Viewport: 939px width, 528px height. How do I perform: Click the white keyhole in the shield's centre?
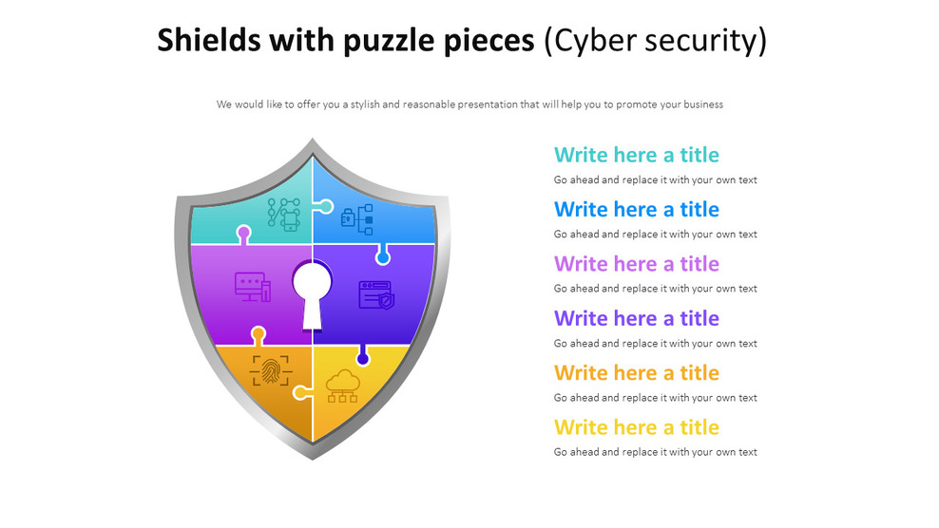(313, 291)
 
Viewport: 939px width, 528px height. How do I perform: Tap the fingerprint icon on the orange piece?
(270, 369)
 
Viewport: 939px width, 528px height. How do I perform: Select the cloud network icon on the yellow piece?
(341, 385)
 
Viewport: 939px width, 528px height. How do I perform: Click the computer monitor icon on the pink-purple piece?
(253, 286)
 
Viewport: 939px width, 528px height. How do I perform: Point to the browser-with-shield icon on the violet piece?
(375, 294)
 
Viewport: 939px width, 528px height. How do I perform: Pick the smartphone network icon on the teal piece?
(284, 214)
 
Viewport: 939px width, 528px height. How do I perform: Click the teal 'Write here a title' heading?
(636, 155)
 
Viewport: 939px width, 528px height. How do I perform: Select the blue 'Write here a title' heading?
(636, 209)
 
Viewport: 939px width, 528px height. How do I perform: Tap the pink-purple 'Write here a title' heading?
(636, 263)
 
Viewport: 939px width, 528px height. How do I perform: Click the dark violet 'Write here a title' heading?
(636, 318)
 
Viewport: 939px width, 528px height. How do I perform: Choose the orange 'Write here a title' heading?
(636, 372)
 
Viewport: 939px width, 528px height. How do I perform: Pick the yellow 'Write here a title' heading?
(636, 426)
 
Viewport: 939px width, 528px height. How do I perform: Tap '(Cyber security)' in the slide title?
(655, 40)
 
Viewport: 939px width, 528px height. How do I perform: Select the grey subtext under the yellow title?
(655, 452)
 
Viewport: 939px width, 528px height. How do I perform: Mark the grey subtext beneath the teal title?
(655, 179)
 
